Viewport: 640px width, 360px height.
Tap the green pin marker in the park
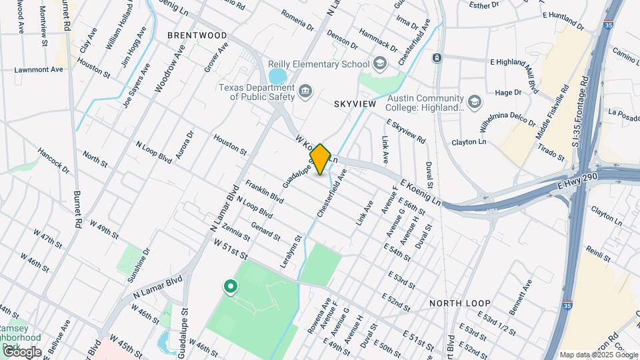click(x=231, y=287)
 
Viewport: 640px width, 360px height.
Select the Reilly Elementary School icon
click(x=380, y=64)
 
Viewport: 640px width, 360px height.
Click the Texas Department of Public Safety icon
click(x=305, y=91)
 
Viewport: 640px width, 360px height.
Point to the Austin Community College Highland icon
click(x=474, y=101)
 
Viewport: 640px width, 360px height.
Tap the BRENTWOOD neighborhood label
click(x=197, y=35)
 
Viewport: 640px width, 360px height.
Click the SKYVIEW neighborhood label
click(x=355, y=105)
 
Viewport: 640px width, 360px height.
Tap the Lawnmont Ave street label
click(x=39, y=69)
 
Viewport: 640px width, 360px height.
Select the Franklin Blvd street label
click(x=264, y=189)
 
